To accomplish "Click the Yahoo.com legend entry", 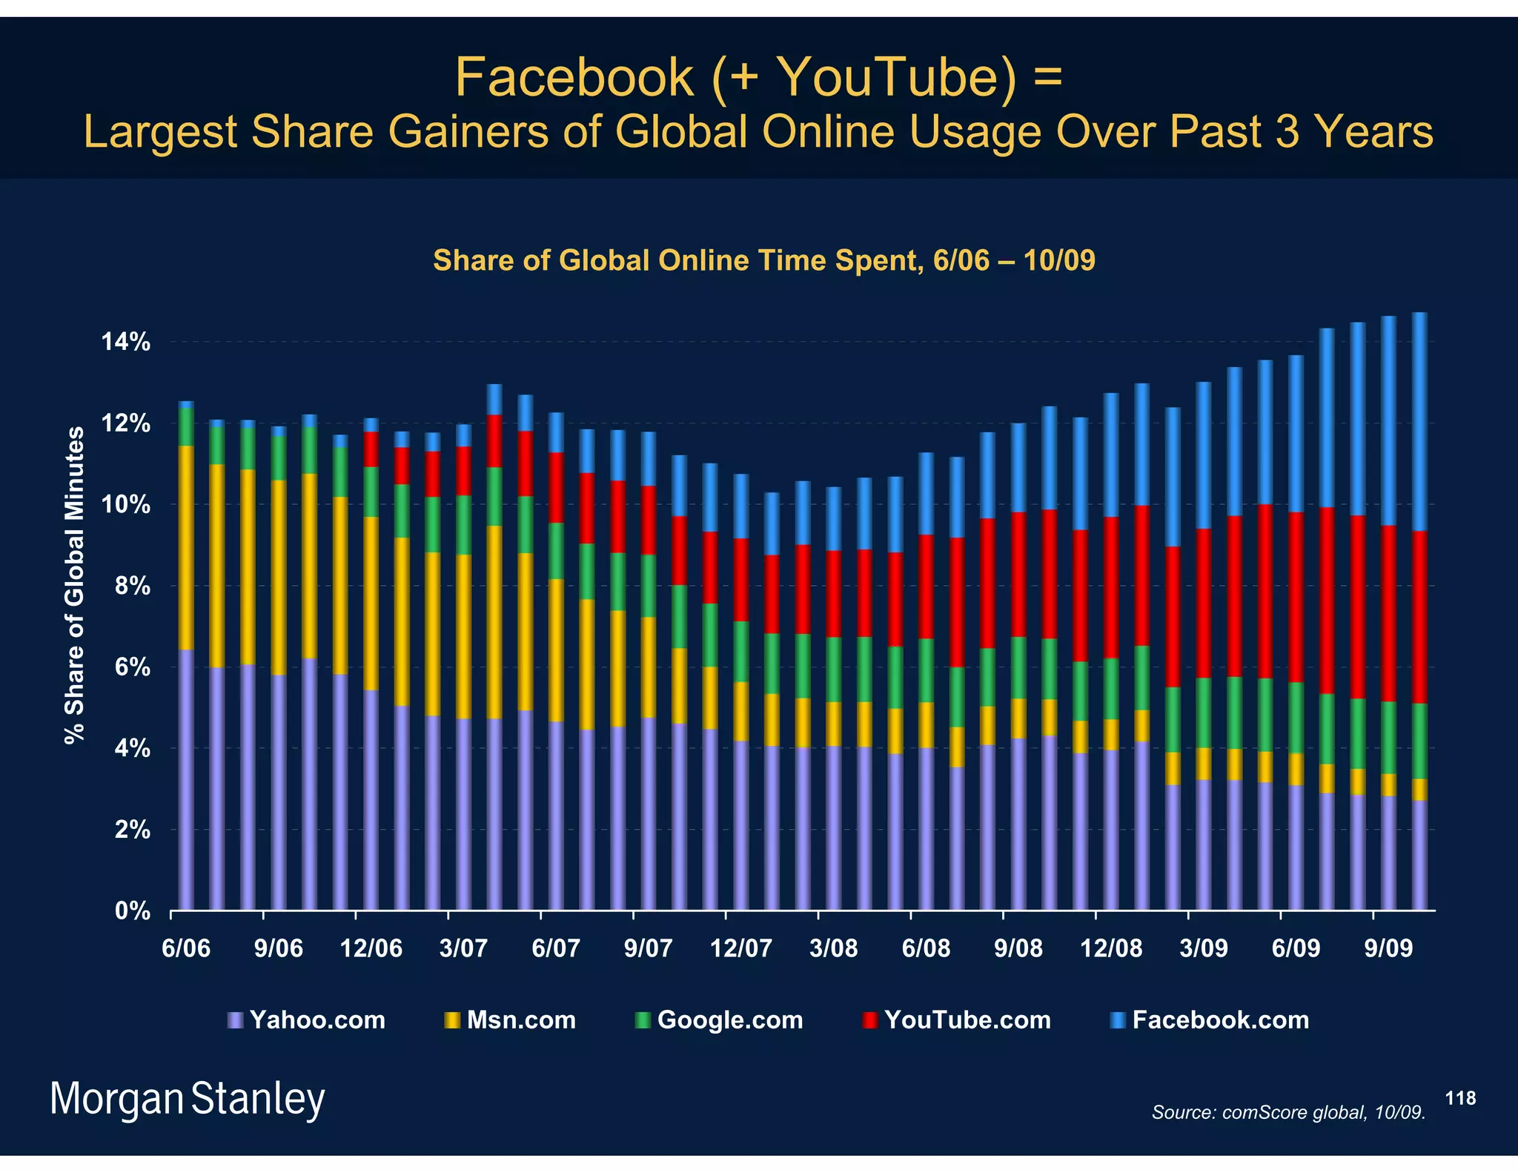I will [307, 1020].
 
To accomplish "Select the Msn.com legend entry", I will [511, 1020].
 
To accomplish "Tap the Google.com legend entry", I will [720, 1020].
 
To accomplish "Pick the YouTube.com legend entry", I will [957, 1020].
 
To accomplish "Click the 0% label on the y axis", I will [133, 911].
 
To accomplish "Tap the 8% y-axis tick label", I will [133, 586].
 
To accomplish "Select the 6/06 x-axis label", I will [185, 948].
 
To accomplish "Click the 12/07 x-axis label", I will [740, 948].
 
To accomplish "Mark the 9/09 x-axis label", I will [1388, 948].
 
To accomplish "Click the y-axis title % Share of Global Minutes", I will [74, 584].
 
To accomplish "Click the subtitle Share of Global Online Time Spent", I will [763, 260].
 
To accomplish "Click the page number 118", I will [1460, 1098].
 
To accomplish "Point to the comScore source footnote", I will [1288, 1112].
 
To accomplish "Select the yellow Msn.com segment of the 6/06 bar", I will [186, 547].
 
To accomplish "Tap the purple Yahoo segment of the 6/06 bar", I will [186, 779].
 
